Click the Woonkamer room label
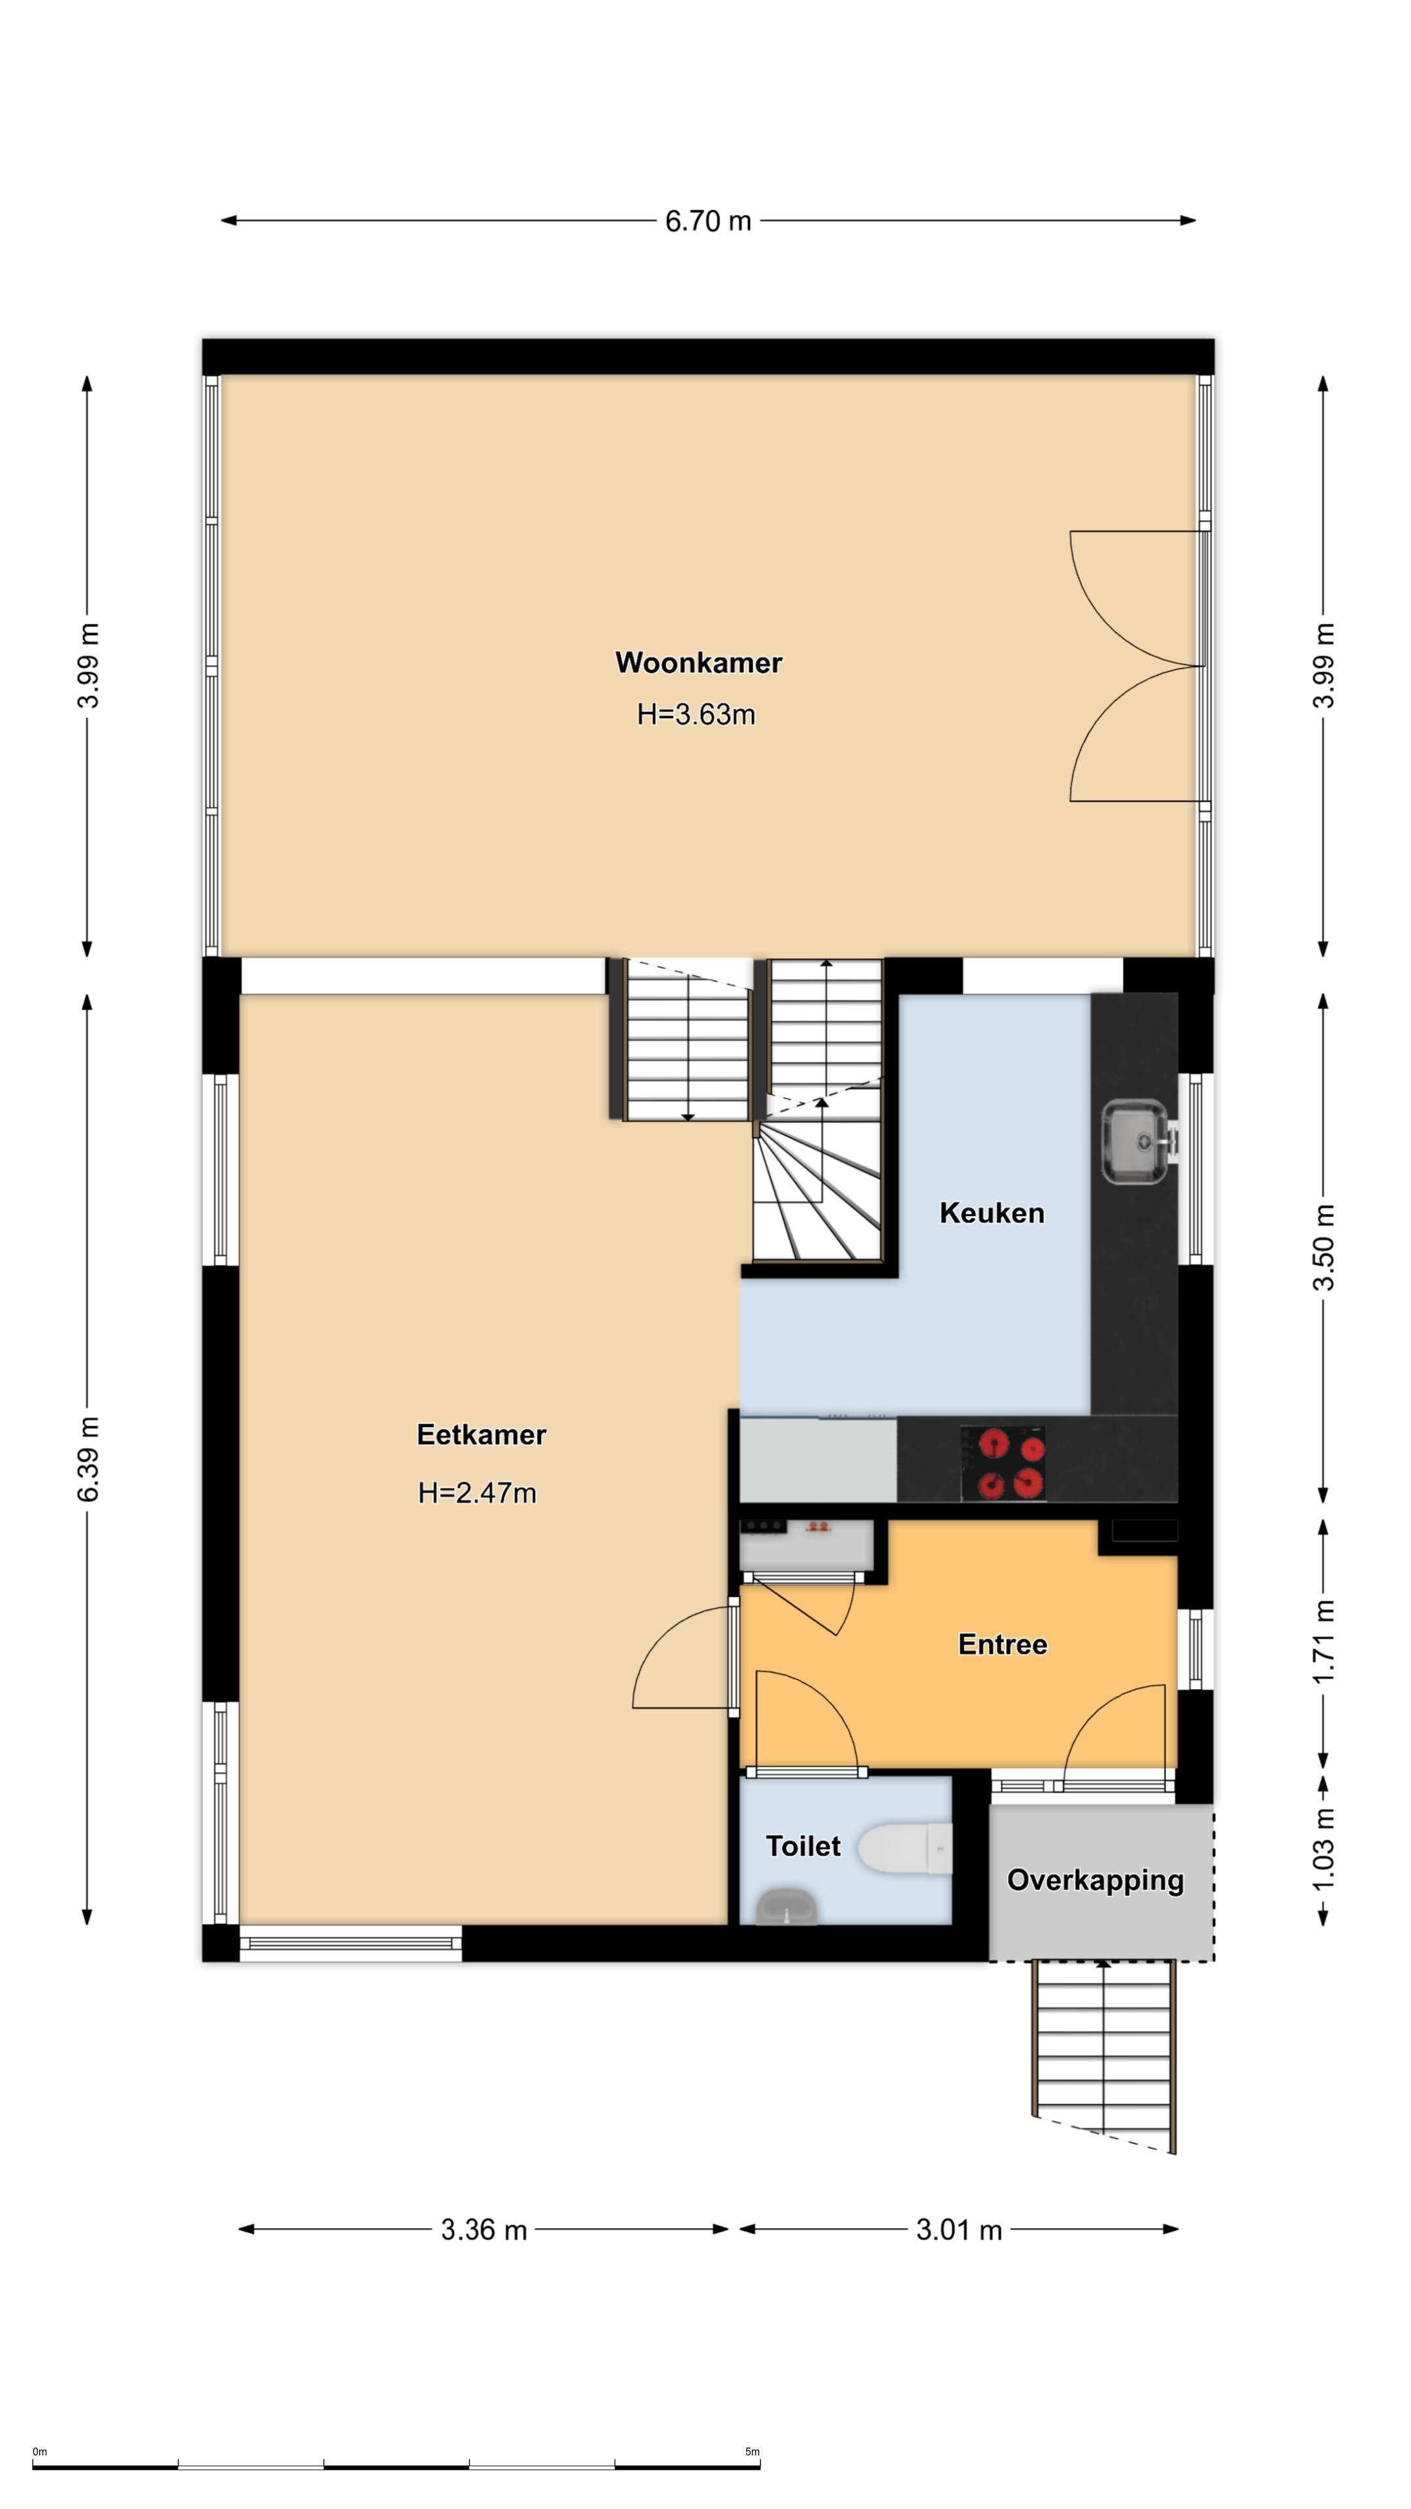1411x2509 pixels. (x=698, y=663)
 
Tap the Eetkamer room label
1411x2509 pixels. (x=481, y=1435)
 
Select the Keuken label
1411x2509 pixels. (x=992, y=1213)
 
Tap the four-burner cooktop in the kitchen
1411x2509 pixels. (x=1003, y=1463)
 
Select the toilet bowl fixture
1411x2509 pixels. (x=905, y=1848)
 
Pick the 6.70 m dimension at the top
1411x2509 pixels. (x=708, y=221)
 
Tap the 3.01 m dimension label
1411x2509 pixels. (x=958, y=2229)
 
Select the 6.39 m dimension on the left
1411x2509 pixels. (x=88, y=1459)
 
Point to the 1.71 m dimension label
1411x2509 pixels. (x=1323, y=1641)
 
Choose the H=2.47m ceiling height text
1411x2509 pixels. (x=477, y=1493)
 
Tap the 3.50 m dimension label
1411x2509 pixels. (x=1323, y=1247)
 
